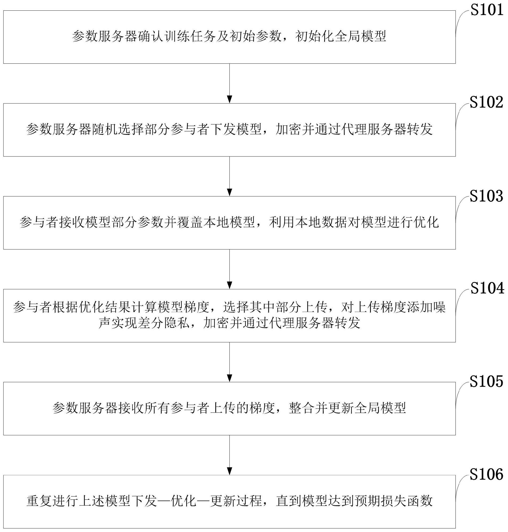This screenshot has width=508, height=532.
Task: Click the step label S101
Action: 487,10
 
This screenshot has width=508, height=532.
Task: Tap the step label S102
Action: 486,103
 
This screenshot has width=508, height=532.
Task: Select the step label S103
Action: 486,196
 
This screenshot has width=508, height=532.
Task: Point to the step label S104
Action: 487,289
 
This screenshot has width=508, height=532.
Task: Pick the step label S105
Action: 486,381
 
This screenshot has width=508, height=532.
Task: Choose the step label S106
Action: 486,474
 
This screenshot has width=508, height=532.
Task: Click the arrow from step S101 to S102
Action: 230,83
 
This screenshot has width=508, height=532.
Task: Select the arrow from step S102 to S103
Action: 230,176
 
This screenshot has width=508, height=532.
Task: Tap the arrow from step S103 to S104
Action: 230,269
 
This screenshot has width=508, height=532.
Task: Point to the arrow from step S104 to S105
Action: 230,362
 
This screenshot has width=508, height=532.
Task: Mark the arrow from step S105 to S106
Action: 230,455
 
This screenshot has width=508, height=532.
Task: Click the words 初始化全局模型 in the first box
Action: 341,36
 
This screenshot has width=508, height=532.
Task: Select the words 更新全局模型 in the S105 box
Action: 360,408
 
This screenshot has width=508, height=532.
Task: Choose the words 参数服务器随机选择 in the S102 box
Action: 85,129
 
